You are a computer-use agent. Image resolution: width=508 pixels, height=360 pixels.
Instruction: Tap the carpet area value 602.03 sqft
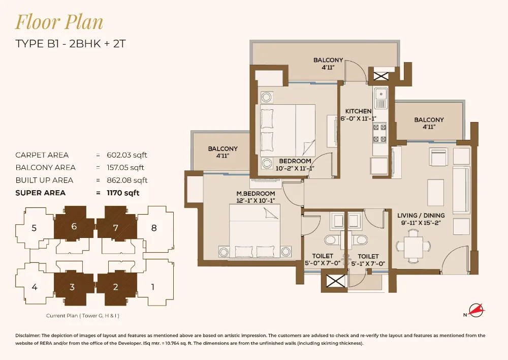point(126,155)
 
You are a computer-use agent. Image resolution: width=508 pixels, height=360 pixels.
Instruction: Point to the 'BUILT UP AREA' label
point(44,181)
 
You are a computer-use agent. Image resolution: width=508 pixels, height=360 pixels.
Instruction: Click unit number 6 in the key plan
point(74,227)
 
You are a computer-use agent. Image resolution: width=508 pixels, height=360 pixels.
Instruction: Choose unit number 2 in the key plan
point(115,287)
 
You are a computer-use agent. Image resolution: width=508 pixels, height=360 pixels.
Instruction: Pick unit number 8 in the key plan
point(154,228)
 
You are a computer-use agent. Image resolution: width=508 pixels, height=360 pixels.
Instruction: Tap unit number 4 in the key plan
point(34,287)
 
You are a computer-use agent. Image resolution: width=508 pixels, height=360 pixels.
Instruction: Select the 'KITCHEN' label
point(359,111)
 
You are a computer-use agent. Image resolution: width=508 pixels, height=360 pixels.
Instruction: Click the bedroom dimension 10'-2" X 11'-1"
point(295,168)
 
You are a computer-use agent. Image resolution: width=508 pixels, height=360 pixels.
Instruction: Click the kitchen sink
point(380,94)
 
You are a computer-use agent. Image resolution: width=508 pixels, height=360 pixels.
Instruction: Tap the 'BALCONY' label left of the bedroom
point(223,149)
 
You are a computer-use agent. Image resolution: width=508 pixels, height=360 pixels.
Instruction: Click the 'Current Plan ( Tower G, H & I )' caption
point(83,316)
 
